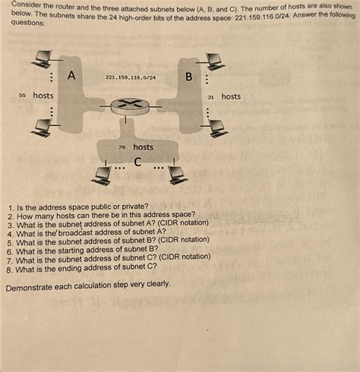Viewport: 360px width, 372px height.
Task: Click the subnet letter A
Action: [71, 75]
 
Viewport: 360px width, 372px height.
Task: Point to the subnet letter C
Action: [137, 162]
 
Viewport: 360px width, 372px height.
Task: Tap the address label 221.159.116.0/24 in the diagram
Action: [131, 77]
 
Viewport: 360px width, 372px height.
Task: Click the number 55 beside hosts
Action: [22, 96]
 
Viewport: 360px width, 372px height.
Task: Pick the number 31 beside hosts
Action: [210, 97]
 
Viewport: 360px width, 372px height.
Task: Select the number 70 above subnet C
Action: [122, 147]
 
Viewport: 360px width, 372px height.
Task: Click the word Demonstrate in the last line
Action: [33, 288]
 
